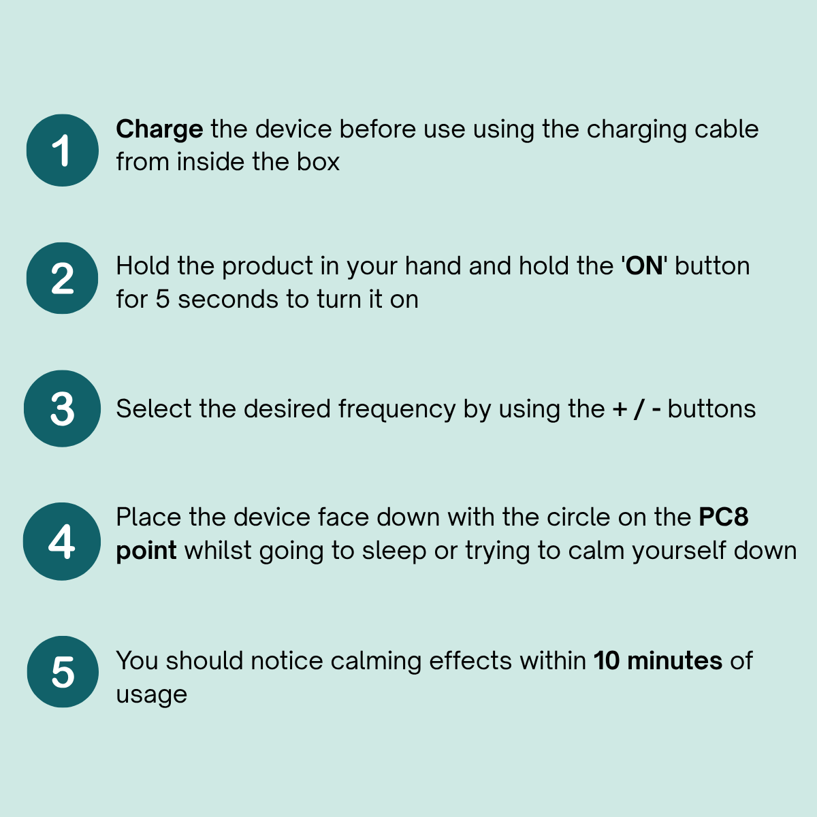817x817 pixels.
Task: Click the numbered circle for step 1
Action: coord(63,150)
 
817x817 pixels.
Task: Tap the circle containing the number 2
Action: coord(63,278)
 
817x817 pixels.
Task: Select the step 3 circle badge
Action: coord(63,408)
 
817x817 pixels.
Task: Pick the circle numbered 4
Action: coord(62,541)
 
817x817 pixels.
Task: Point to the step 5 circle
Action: coord(63,671)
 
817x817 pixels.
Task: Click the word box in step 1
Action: coord(318,161)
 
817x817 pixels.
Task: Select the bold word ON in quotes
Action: coord(644,266)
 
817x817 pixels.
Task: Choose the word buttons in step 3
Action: coord(712,408)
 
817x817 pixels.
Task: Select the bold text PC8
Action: coord(723,517)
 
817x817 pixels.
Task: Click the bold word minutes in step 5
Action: coord(675,660)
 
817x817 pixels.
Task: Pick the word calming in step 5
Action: coord(376,661)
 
